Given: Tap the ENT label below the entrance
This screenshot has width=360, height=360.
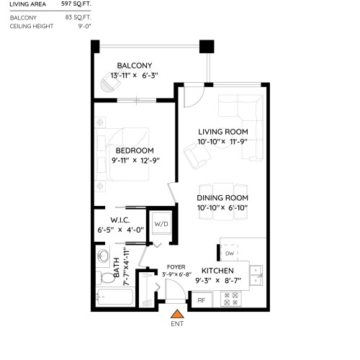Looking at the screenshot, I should (x=176, y=325).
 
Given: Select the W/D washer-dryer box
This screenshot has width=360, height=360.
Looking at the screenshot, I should (x=160, y=224).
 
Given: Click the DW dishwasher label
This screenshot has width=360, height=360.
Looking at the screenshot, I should (x=229, y=254).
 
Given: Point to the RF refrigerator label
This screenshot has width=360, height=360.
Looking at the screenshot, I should (x=202, y=300).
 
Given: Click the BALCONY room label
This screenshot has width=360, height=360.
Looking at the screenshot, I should (x=135, y=65).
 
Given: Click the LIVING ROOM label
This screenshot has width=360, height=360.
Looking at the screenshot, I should (x=223, y=132).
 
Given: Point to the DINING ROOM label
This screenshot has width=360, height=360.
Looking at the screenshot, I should (x=223, y=197).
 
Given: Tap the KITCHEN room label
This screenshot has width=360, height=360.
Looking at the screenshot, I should (x=217, y=271).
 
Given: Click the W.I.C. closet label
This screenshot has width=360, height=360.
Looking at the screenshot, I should (x=120, y=220).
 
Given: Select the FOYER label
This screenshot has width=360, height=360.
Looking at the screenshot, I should (x=176, y=266).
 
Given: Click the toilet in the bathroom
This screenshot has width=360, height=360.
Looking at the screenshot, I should (x=102, y=260).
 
